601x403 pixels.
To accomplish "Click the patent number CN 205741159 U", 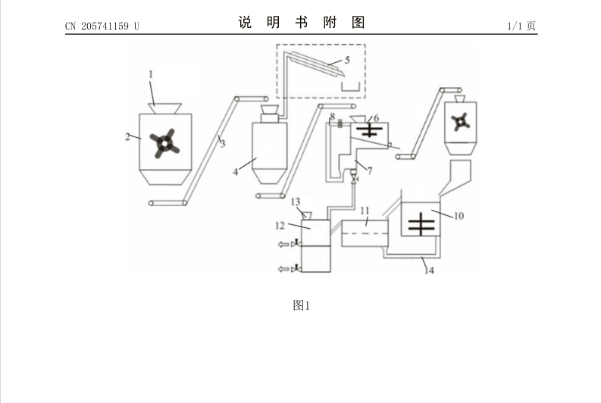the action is (102, 26).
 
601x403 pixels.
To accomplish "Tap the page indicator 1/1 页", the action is (521, 26).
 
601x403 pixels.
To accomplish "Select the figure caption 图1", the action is (302, 305).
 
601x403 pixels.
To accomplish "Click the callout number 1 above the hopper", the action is (151, 74).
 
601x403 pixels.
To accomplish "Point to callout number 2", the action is (127, 137).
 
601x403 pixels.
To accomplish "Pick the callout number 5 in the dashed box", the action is (347, 60).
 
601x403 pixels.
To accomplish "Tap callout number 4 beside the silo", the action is (236, 172).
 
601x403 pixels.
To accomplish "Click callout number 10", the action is (459, 216).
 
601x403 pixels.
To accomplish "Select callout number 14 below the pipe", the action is (429, 270).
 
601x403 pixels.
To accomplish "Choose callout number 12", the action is (280, 226).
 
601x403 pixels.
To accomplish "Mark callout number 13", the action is (296, 202).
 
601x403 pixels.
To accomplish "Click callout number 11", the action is (365, 211).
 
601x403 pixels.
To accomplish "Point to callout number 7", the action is (370, 171).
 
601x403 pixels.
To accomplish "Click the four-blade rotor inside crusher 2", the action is (164, 143).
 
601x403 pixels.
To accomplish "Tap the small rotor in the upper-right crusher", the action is (460, 122).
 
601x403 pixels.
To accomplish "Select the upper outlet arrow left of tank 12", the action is (283, 244).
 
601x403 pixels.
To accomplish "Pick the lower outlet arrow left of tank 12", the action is (283, 269).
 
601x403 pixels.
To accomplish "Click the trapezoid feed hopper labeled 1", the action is (164, 108).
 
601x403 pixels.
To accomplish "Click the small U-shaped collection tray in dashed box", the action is (351, 87).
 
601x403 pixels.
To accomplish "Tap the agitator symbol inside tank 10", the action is (421, 224).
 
